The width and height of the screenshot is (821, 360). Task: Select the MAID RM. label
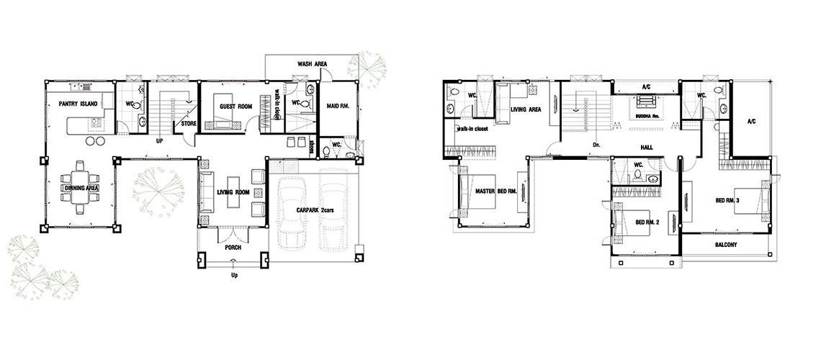pos(338,107)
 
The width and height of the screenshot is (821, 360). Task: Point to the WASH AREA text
pos(313,64)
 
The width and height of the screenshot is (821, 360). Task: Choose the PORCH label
pos(233,247)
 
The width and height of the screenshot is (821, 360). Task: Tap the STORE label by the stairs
pos(189,124)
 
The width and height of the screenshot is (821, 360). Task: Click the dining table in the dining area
pos(80,187)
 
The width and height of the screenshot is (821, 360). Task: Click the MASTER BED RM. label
pos(496,192)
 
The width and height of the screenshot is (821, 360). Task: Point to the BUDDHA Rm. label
pos(647,115)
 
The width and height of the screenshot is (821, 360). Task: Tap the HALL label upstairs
pos(646,148)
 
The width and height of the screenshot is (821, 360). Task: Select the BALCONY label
pos(726,244)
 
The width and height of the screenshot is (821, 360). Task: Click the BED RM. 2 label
pos(647,222)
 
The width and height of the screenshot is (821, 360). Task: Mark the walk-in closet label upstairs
pos(473,128)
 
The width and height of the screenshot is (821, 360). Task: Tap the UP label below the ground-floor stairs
pos(159,140)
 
